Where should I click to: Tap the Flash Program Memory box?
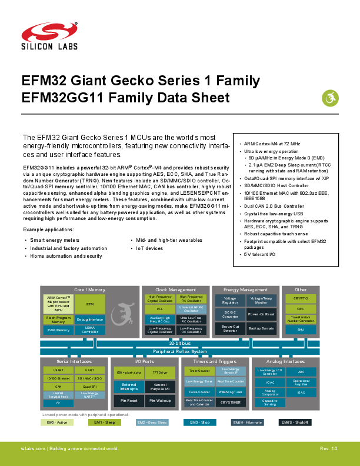58,319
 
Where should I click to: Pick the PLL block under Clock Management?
159,308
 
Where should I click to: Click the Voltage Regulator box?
230,300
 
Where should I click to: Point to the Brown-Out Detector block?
230,328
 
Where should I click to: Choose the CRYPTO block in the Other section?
301,298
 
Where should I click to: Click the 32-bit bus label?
179,343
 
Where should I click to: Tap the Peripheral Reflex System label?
179,351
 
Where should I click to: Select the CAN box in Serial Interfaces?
58,387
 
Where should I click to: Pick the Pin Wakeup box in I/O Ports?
159,400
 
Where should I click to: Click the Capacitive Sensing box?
270,402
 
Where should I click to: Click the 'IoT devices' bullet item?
149,248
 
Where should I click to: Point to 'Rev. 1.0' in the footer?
328,449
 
